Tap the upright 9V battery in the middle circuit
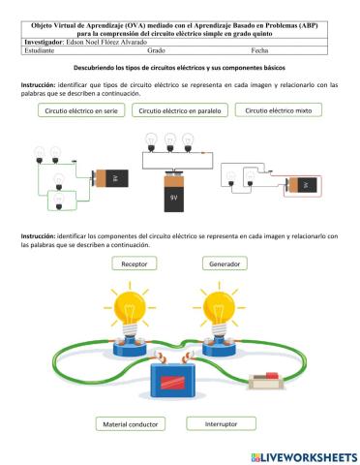[174, 194]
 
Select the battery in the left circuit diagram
[108, 178]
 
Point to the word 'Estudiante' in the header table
[39, 50]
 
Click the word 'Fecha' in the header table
[258, 50]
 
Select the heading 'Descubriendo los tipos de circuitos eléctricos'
[180, 70]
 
